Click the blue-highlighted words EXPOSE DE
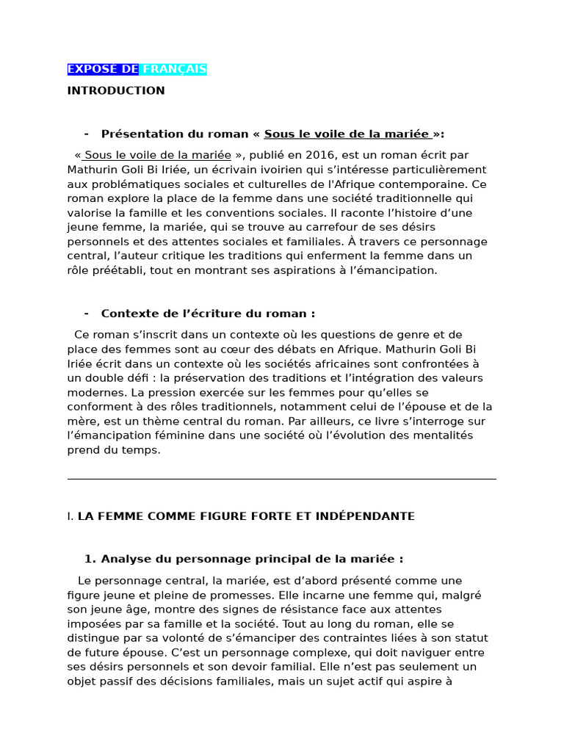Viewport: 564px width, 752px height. pos(103,69)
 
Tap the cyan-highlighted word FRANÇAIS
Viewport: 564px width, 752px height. pos(174,69)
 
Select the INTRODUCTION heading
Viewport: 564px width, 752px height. pos(116,90)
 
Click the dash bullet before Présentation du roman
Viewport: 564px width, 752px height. pos(87,134)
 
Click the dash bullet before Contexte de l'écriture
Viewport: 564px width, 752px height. pos(87,314)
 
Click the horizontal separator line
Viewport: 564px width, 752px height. pos(281,479)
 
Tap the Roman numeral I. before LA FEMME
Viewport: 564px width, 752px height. pos(70,516)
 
